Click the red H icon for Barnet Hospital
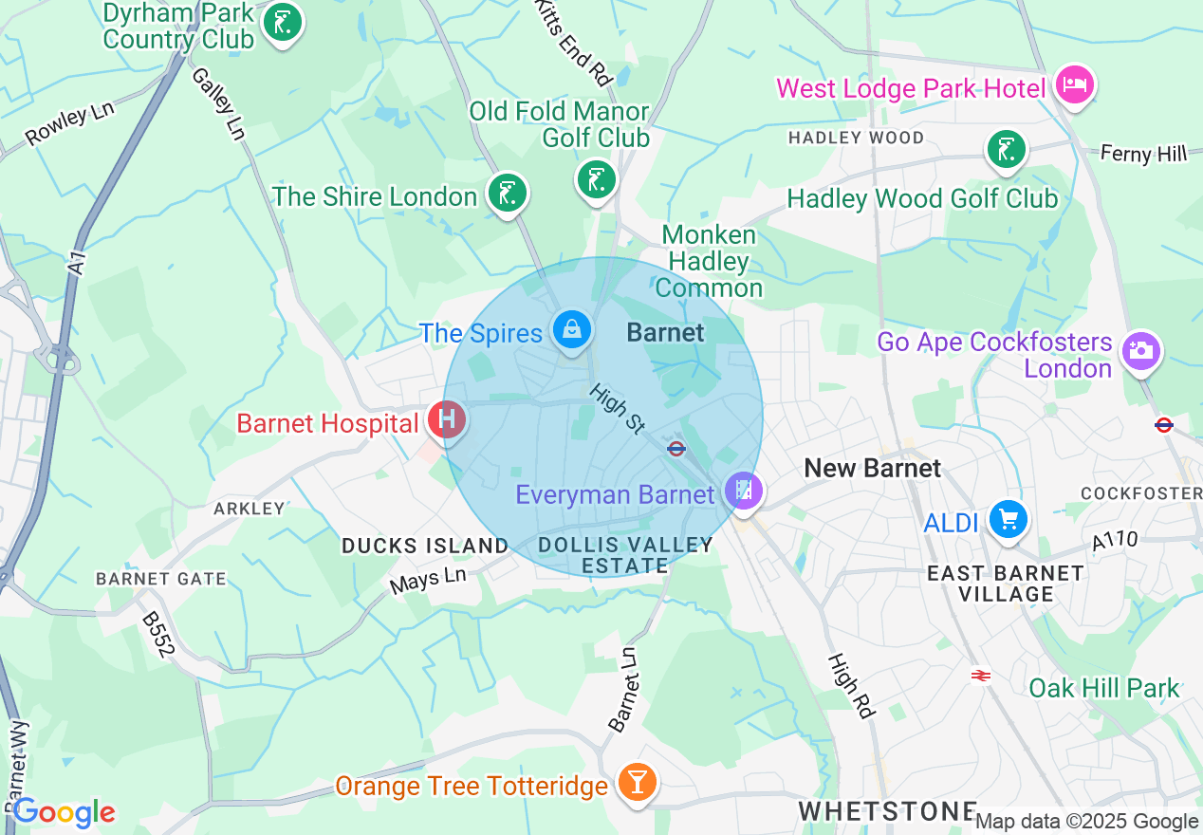click(447, 418)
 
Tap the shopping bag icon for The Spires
click(572, 330)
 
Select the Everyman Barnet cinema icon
click(744, 491)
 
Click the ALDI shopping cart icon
click(1007, 519)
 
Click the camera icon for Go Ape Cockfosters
click(1140, 350)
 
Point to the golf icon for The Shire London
click(508, 194)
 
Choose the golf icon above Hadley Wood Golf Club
click(1006, 150)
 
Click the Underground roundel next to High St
click(676, 449)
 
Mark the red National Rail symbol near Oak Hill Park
click(980, 675)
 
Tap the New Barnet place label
click(872, 468)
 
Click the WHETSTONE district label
click(886, 810)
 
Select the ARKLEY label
click(250, 509)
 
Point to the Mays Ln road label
click(428, 580)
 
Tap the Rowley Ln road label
click(69, 124)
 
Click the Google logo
click(64, 812)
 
